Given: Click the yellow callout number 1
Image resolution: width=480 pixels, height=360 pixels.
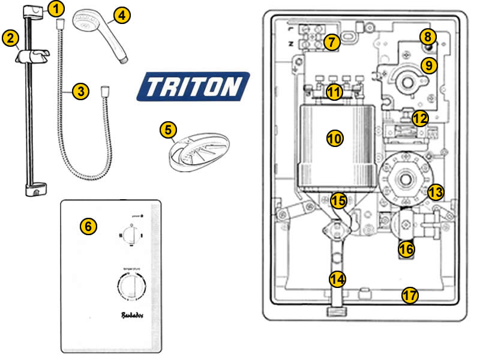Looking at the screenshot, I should pos(55,9).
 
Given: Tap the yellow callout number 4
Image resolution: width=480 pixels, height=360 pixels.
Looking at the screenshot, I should pos(122,16).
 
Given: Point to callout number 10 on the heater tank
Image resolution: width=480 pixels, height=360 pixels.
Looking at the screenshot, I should pos(335,138).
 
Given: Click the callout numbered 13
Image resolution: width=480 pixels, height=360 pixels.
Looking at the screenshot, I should pos(436,193).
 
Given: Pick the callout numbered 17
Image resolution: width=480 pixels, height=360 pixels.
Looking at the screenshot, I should pos(410,295).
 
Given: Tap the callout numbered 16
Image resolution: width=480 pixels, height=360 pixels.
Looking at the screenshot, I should pos(407,248).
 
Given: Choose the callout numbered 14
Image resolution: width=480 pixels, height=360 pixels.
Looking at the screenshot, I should pos(338,278).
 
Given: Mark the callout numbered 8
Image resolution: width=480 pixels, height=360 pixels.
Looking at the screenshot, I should pos(427,37).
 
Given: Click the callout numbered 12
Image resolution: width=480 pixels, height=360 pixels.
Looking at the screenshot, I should pos(420,118).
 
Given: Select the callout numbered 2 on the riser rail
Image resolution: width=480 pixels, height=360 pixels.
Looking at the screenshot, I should pos(10,38).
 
